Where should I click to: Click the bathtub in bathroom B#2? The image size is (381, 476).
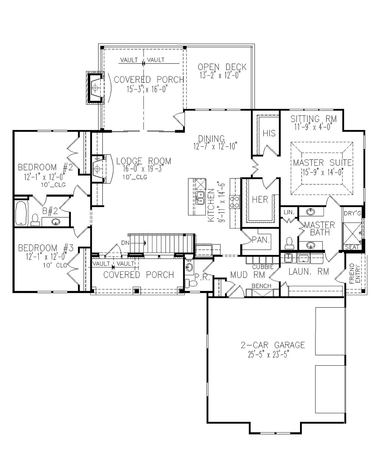coord(22,213)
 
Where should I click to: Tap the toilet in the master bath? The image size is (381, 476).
coord(289,243)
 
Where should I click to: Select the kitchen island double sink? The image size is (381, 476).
coord(200,197)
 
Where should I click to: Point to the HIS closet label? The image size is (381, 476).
coord(269,133)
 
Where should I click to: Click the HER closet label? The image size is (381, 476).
coord(260,200)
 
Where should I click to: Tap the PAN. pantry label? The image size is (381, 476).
coord(261,240)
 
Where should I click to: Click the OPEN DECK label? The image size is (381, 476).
coord(222,67)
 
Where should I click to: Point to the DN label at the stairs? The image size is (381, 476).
coord(125,243)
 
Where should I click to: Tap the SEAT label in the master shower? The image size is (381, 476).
coord(352,247)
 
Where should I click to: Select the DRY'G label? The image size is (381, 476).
coord(352,214)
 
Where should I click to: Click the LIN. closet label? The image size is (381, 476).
coord(289,213)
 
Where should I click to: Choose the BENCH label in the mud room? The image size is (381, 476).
coord(261,286)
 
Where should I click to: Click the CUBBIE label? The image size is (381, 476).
coord(263,267)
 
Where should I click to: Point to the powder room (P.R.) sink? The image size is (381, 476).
coord(189,267)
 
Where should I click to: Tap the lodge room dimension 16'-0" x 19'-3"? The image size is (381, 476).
coord(143,169)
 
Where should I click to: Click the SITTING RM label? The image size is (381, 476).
coord(313,119)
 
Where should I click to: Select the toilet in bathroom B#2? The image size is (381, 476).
coord(34,220)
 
